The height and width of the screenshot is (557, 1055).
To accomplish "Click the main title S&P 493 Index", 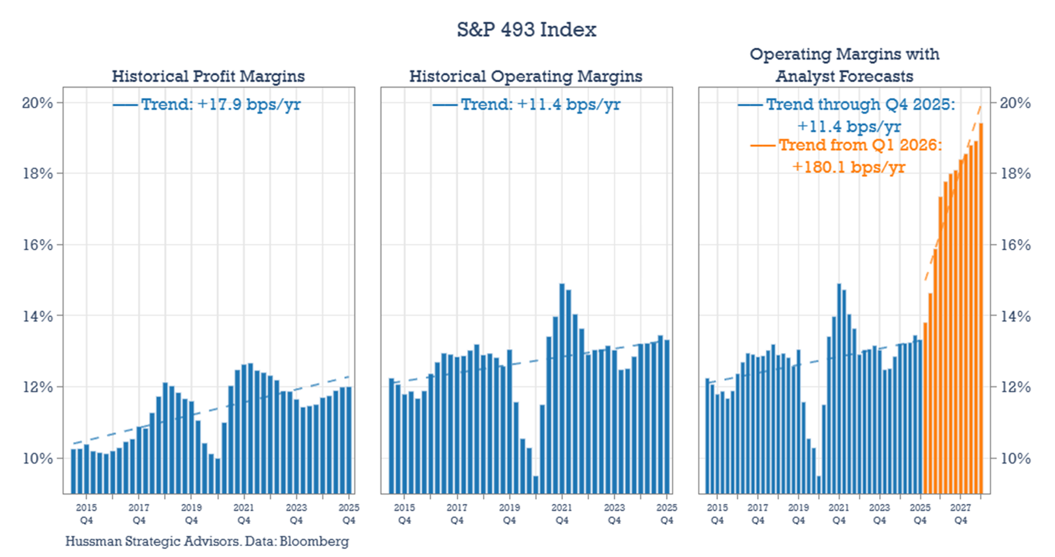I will pos(526,29).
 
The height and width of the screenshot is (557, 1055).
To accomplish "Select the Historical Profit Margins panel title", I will pos(208,76).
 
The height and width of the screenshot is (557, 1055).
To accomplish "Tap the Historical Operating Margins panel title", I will pos(525,76).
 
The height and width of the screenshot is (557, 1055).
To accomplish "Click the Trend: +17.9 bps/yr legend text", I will pos(221,104).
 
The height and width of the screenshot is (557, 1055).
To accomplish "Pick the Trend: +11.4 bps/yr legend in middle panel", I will pos(540,104).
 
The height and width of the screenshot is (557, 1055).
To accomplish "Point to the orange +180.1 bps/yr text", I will pos(848,167).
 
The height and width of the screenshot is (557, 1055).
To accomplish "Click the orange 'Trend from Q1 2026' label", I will pos(860,145).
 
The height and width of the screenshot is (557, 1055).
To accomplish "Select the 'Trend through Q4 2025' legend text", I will pos(860,104).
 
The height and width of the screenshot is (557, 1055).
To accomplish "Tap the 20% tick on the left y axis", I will pos(37,103).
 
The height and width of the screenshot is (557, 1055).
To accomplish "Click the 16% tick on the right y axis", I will pos(1015,245).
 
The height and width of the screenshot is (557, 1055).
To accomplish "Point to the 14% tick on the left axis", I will pos(37,316).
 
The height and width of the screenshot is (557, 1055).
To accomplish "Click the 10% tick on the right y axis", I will pos(1015,459).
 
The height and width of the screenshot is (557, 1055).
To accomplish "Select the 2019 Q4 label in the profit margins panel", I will pos(191,514).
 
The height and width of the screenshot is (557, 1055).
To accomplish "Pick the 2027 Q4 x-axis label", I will pos(960,514).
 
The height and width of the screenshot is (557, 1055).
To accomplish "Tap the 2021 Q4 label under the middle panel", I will pos(562,514).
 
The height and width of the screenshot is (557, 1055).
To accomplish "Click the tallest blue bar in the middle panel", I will pos(562,389).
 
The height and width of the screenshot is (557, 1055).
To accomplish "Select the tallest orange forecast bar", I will pos(981,310).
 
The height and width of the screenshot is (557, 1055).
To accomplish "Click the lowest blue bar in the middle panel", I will pos(536,485).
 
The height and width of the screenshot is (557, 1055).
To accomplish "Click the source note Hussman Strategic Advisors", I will pos(207,541).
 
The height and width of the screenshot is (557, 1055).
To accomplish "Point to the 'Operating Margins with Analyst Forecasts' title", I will pos(844,65).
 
